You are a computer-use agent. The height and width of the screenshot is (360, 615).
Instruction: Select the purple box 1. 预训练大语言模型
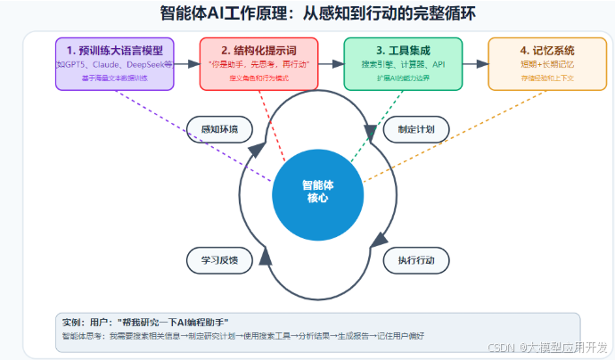pyautogui.click(x=115, y=63)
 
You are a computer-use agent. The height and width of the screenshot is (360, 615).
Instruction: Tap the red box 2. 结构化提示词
pyautogui.click(x=258, y=63)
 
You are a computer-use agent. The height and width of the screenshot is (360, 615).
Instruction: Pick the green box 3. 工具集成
pyautogui.click(x=403, y=63)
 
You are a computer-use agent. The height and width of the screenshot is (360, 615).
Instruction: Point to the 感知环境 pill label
pyautogui.click(x=220, y=129)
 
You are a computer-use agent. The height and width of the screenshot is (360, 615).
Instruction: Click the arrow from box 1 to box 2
pyautogui.click(x=187, y=64)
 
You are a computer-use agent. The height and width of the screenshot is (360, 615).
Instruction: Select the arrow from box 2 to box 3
pyautogui.click(x=331, y=64)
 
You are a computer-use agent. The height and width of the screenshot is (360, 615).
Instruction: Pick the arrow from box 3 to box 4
pyautogui.click(x=475, y=64)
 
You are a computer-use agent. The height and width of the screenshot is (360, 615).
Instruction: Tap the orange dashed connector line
pyautogui.click(x=446, y=134)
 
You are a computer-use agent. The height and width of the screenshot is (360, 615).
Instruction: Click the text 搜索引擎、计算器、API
pyautogui.click(x=403, y=65)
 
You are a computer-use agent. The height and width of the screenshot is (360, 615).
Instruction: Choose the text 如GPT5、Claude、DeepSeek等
pyautogui.click(x=115, y=65)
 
